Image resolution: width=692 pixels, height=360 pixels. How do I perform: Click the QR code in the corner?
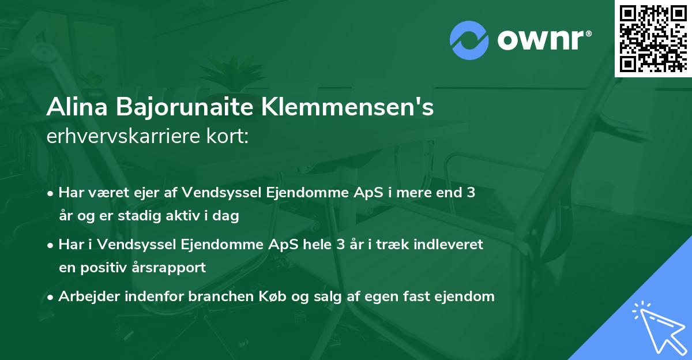click(x=653, y=38)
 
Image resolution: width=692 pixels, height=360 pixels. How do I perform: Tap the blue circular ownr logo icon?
click(x=469, y=40)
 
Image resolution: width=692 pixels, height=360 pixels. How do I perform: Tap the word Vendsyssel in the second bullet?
click(x=131, y=245)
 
